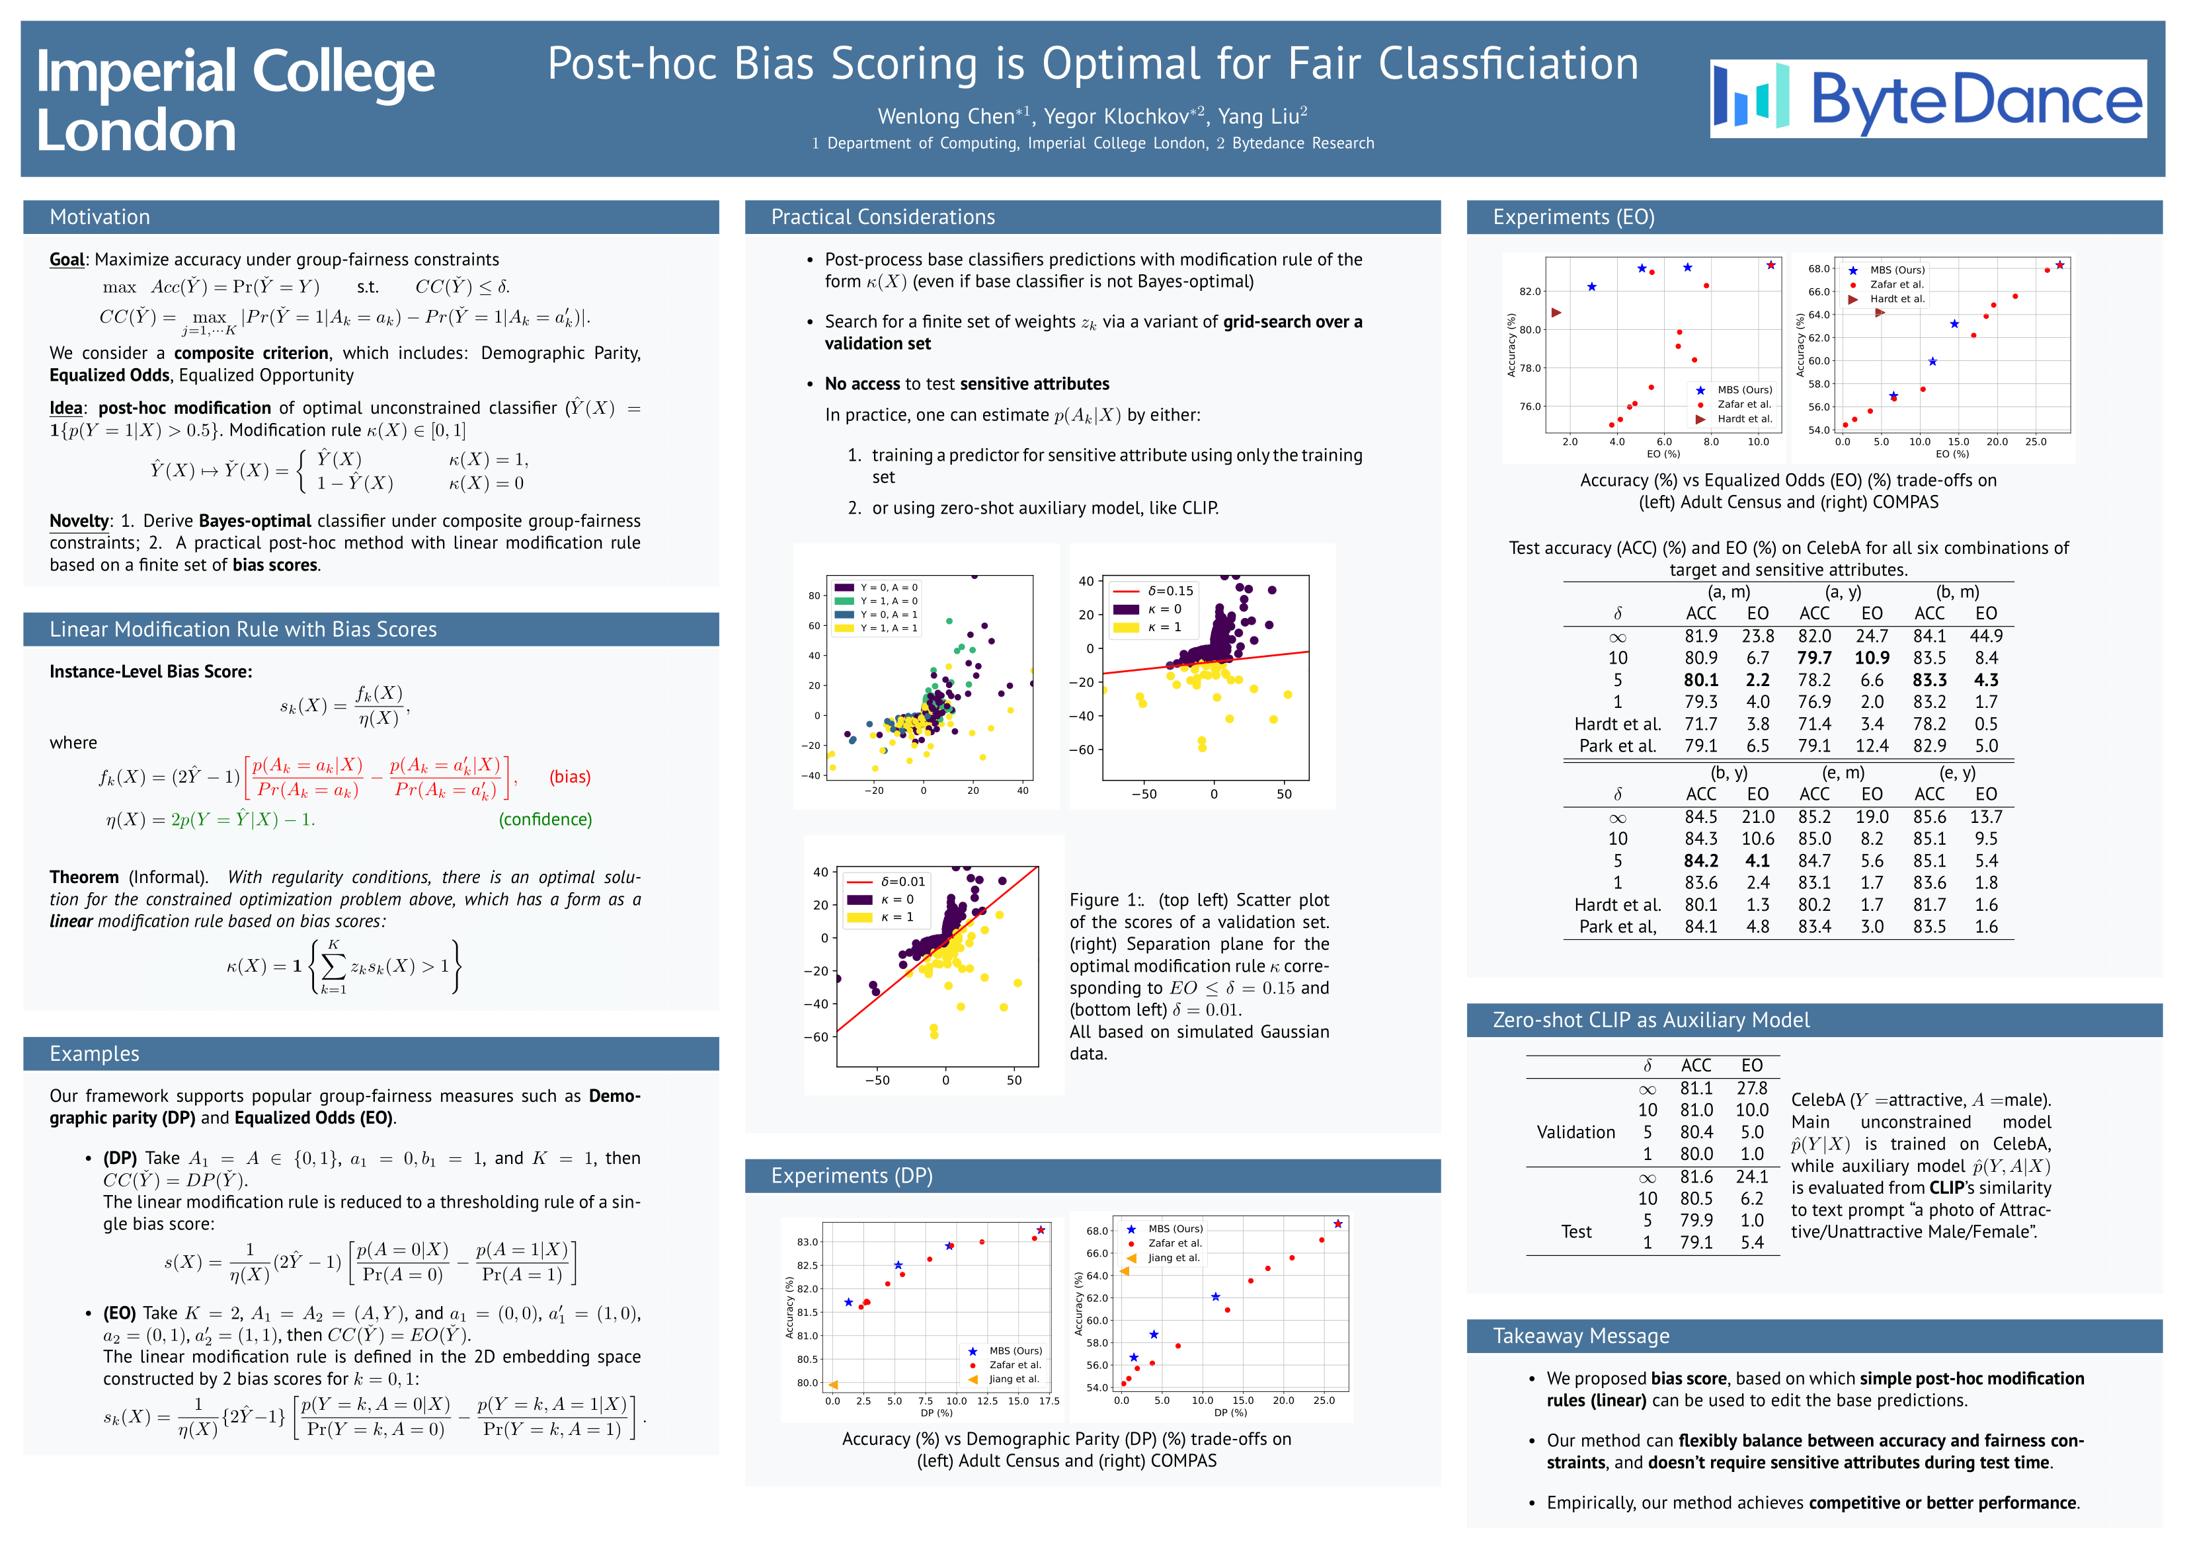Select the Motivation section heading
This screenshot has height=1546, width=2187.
tap(100, 217)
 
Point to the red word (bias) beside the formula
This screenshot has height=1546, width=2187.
tap(570, 777)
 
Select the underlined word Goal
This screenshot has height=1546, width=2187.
tap(67, 259)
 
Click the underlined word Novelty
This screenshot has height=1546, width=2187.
tap(79, 520)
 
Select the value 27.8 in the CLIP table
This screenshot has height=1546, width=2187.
tap(1752, 1088)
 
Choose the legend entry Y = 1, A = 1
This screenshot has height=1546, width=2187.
tap(889, 629)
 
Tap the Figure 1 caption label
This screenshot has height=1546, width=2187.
tap(1105, 900)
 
